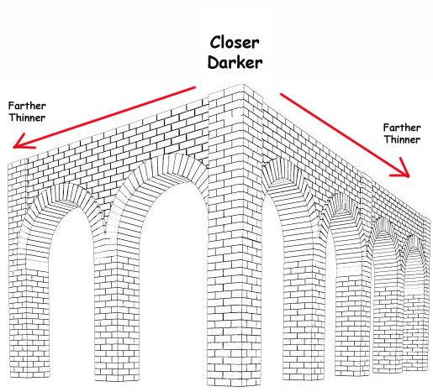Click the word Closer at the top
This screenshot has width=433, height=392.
[235, 43]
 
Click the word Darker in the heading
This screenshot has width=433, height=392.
[235, 62]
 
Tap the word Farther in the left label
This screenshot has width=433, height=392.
[27, 106]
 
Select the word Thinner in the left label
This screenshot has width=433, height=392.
[27, 118]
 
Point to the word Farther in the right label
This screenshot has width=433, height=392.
[402, 128]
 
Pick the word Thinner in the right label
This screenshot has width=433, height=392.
[402, 139]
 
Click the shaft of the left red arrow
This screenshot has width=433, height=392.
[104, 117]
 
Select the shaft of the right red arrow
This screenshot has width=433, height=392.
[345, 135]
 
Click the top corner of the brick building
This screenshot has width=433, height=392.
[244, 84]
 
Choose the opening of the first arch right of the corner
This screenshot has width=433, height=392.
[272, 280]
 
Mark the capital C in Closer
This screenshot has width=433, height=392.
[215, 43]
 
